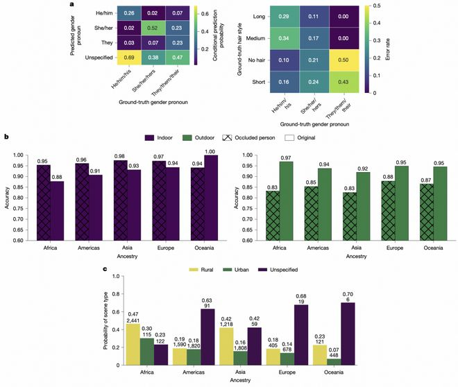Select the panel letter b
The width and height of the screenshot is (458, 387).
point(6,137)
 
